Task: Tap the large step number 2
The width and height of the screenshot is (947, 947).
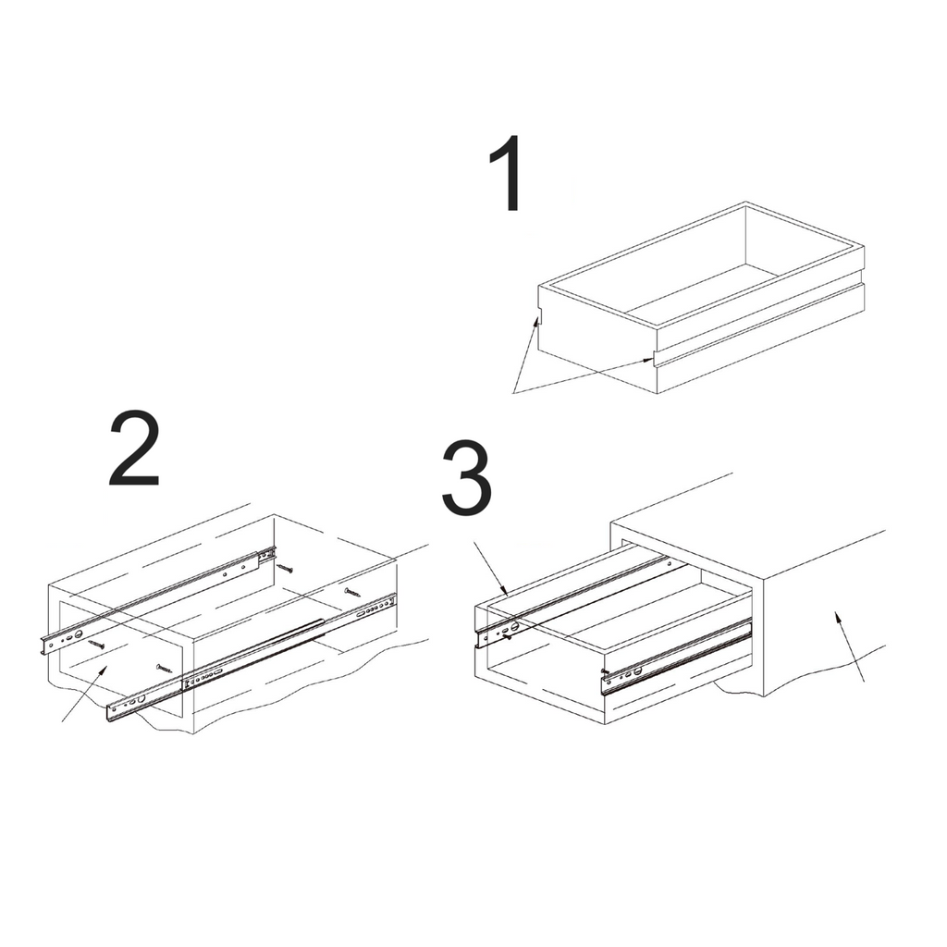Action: [x=134, y=448]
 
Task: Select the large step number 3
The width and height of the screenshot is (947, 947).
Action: [x=466, y=478]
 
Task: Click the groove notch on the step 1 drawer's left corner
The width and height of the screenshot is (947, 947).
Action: [x=541, y=314]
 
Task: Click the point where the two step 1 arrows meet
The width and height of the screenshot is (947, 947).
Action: [x=513, y=393]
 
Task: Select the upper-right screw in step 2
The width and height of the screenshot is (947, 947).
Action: [x=352, y=593]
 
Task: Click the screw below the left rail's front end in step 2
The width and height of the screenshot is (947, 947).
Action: [x=96, y=645]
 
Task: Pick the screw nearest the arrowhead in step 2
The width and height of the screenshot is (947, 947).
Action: [x=165, y=669]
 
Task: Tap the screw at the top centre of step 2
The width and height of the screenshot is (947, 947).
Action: [x=285, y=568]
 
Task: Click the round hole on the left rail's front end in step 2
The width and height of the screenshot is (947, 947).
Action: [x=79, y=634]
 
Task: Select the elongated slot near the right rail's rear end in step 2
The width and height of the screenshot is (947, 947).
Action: [x=363, y=612]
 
